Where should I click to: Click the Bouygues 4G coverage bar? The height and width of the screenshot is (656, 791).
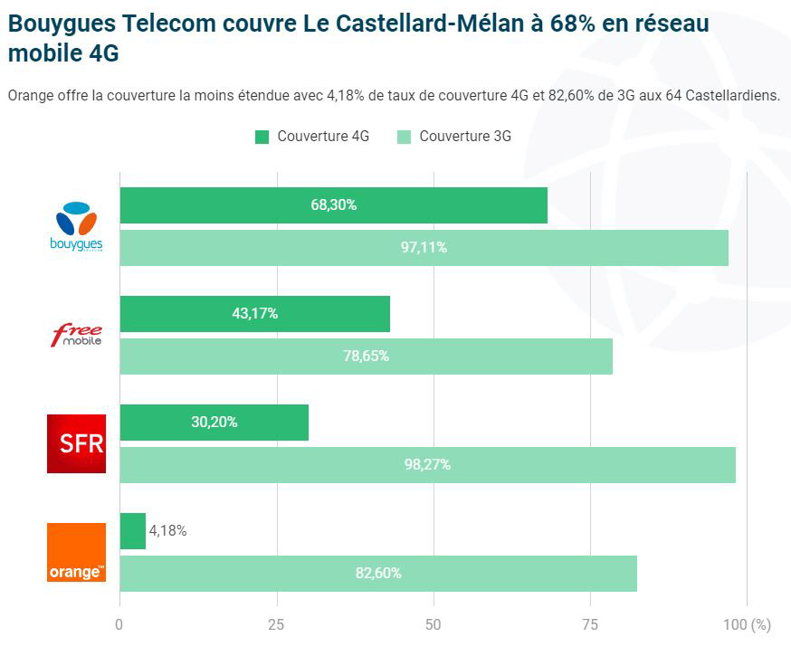pos(333,205)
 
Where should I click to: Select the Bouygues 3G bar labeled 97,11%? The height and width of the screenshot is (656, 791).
pos(424,248)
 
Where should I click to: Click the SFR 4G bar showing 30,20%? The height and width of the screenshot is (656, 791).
pos(214,423)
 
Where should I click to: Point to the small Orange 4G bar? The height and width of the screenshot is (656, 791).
pos(132,531)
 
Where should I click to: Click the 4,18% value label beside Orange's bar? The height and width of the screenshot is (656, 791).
pos(168,531)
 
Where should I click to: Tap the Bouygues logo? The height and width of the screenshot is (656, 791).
pos(77,227)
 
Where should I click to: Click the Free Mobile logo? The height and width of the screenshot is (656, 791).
pos(77,336)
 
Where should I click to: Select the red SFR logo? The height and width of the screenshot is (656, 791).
pos(77,443)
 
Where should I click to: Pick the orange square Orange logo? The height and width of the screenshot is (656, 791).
pos(77,552)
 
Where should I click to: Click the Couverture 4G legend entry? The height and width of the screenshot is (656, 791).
pos(312,137)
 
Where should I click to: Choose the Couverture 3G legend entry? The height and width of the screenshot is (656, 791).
pos(454,137)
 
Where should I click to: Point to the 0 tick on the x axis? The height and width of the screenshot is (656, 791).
pos(119,623)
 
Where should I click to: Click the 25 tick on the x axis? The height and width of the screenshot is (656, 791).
pos(276,623)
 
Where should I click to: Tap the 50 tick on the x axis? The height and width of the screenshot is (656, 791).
pos(434,623)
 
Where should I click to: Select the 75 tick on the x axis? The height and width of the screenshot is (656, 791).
pos(590,623)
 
